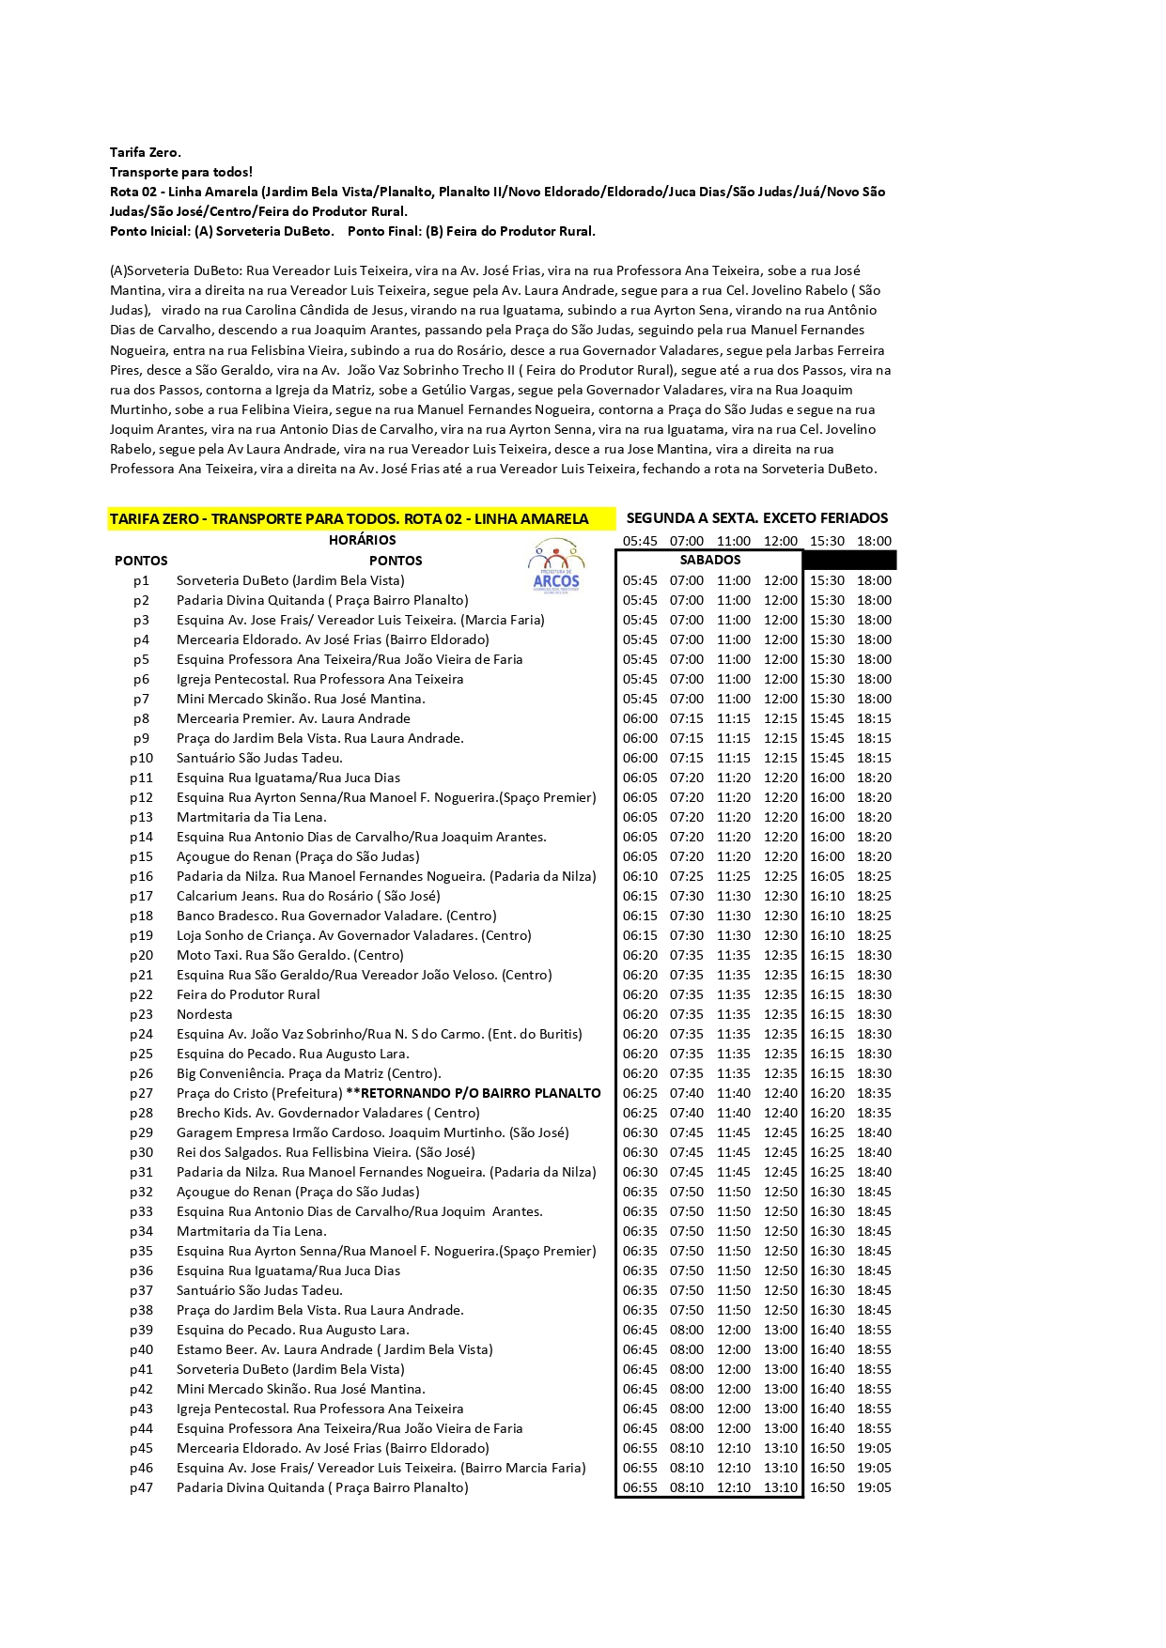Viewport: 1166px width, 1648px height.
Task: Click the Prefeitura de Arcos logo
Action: [556, 567]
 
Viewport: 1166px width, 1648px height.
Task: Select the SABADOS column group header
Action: [709, 561]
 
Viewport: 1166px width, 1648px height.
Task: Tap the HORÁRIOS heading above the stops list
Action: [362, 541]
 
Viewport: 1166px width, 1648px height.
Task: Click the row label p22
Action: [141, 995]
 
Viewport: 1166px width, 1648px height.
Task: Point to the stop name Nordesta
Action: [204, 1015]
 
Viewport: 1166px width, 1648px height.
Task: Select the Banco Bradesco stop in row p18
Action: [336, 916]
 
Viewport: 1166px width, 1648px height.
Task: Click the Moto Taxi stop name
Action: [289, 956]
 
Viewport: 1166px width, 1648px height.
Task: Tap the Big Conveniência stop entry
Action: [308, 1074]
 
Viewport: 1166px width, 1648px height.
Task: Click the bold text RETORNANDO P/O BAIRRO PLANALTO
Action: [480, 1094]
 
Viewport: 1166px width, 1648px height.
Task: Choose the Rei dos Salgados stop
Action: [325, 1153]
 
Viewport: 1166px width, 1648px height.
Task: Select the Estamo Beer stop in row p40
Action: [334, 1350]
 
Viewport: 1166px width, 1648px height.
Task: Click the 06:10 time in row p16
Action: [640, 877]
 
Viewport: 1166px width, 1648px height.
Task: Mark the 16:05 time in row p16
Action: [827, 877]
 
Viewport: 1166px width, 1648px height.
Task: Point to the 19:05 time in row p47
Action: [874, 1488]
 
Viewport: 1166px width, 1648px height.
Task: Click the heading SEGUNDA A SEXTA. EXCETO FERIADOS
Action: [756, 518]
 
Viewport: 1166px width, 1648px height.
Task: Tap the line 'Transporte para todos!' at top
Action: [181, 172]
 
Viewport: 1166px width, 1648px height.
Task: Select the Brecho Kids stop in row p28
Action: [328, 1114]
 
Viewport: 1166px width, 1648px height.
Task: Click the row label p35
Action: [141, 1252]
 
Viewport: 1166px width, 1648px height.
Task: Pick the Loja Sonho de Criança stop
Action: [353, 936]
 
